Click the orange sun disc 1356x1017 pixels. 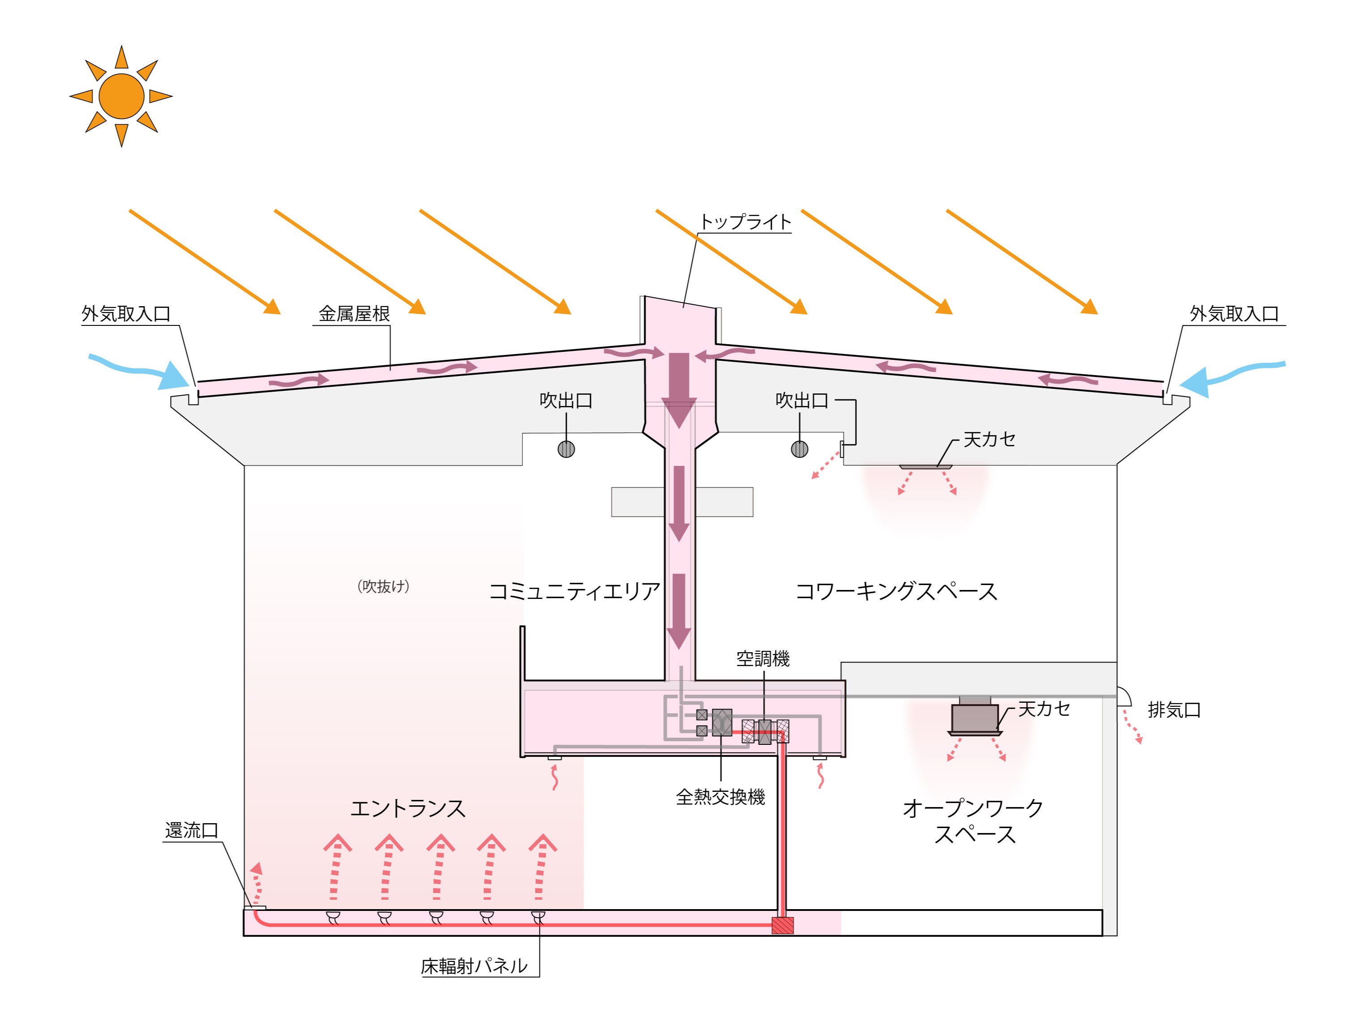121,96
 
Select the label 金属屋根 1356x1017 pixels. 354,314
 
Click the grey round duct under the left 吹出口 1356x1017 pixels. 566,449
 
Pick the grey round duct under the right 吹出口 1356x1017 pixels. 800,449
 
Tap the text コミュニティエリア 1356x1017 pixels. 574,592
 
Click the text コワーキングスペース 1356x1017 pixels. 896,592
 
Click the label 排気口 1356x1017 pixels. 1174,710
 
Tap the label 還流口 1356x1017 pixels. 191,831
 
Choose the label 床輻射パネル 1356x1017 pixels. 474,967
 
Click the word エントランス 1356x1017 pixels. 408,808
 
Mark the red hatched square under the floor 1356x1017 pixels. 782,925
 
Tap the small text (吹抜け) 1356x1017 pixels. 383,587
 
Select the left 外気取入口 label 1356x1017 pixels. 126,314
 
